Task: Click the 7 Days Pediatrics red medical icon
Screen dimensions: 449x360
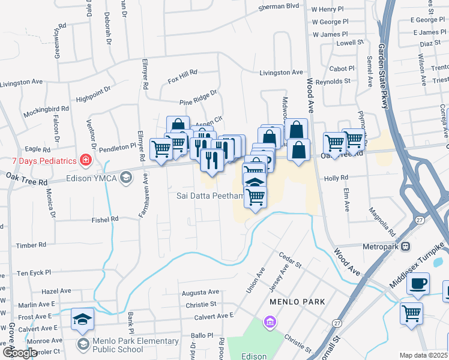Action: tap(86, 160)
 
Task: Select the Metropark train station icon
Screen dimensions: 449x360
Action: tap(406, 246)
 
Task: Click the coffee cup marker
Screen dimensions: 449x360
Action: tap(418, 284)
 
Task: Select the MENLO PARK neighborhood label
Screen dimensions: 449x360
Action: tap(297, 301)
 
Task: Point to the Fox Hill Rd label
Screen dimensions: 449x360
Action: tap(182, 76)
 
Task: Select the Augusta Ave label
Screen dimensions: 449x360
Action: tap(200, 293)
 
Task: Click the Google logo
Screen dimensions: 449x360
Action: tap(19, 353)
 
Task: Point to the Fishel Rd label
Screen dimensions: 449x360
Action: tap(105, 220)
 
